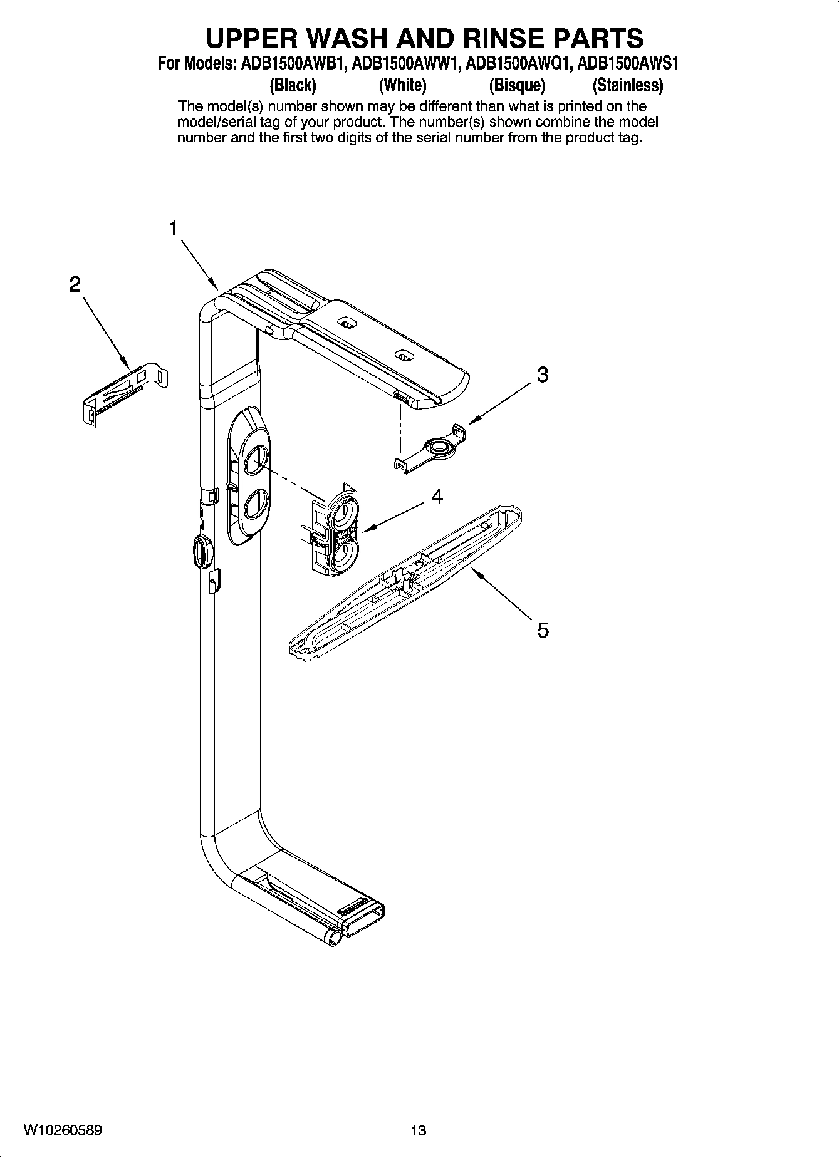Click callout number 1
[x=174, y=229]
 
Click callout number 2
[x=75, y=285]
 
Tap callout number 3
[x=543, y=375]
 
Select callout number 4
[x=437, y=497]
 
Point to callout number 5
[x=543, y=629]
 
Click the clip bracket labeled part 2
[x=125, y=391]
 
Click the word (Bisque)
[x=517, y=85]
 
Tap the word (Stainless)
[x=628, y=85]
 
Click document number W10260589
[x=63, y=1130]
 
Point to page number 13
[x=418, y=1130]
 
